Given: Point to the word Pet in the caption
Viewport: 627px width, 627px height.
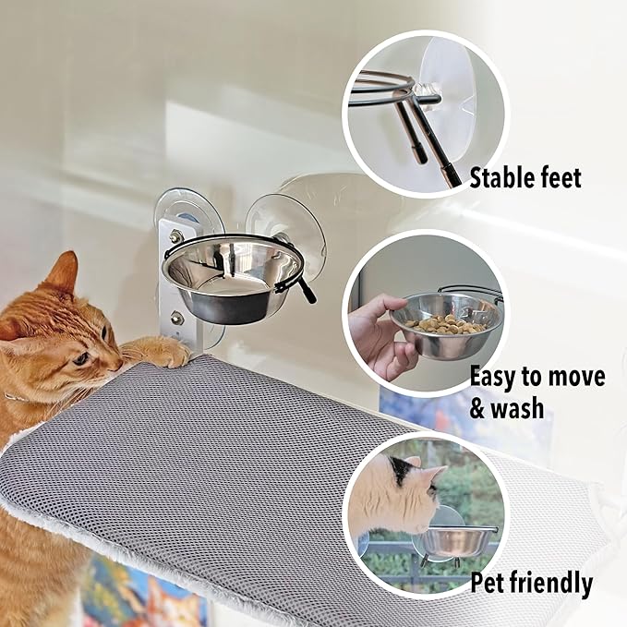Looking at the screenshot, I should [x=489, y=584].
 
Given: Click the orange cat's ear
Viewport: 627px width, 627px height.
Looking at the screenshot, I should [x=63, y=272].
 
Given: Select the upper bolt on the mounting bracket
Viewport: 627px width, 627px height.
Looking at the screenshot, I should [x=175, y=237].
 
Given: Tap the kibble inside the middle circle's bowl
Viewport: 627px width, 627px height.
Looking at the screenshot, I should [x=447, y=324].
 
